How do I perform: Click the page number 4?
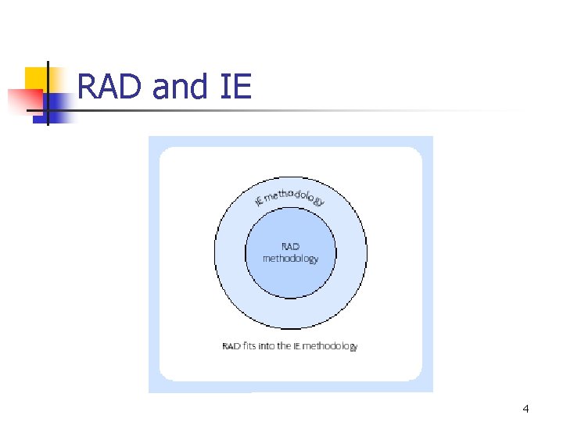525,409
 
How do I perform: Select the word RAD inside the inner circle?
290,247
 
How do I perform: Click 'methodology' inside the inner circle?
290,259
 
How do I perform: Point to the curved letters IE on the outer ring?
260,202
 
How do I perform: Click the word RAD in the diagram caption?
231,345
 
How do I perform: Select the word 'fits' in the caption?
249,345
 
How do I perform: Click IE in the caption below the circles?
297,345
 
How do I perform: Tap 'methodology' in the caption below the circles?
330,345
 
